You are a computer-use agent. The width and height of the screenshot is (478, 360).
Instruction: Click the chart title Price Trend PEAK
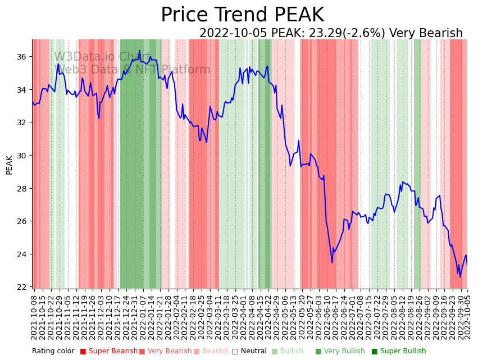click(x=242, y=15)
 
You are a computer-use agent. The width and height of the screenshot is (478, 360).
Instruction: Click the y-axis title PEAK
click(x=9, y=165)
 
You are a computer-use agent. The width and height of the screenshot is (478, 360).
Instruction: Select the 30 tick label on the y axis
click(x=21, y=156)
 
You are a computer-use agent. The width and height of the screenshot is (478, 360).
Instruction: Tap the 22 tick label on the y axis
click(x=21, y=287)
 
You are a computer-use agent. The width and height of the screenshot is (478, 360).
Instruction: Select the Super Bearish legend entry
click(x=109, y=352)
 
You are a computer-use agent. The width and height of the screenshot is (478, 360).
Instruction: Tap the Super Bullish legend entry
click(x=399, y=352)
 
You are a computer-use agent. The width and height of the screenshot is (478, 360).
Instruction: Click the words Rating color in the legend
click(x=53, y=352)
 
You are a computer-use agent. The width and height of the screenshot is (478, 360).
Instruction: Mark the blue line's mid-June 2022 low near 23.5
click(x=332, y=262)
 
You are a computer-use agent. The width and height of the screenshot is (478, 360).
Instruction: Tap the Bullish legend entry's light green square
click(x=275, y=352)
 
